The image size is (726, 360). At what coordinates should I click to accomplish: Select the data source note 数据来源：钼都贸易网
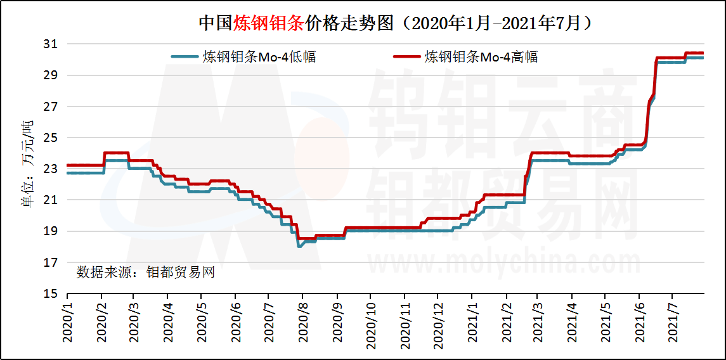click(146, 273)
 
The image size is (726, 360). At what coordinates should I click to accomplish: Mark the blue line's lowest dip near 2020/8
click(299, 246)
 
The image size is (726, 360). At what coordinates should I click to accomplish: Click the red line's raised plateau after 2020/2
click(117, 153)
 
